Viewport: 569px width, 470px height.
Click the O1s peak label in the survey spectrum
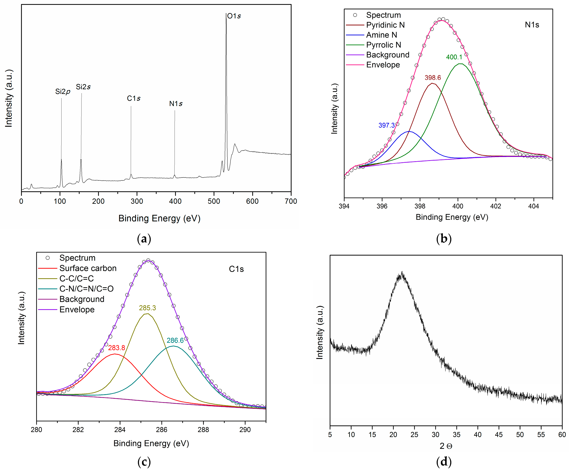coord(234,16)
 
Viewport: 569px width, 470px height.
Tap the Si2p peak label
coord(63,92)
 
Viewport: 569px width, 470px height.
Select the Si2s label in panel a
coord(83,87)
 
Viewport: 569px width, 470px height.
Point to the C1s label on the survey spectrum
coord(134,98)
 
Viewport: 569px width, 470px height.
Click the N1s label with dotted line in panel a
coord(176,104)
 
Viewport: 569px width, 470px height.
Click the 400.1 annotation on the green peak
coord(454,57)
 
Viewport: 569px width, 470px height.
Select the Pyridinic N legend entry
coord(385,25)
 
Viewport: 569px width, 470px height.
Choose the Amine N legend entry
coord(381,35)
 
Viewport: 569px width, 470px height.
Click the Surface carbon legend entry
coord(88,268)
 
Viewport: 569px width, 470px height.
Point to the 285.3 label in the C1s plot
coord(147,308)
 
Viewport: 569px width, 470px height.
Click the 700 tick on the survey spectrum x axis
coord(291,201)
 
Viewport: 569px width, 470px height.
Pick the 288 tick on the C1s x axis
coord(203,430)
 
